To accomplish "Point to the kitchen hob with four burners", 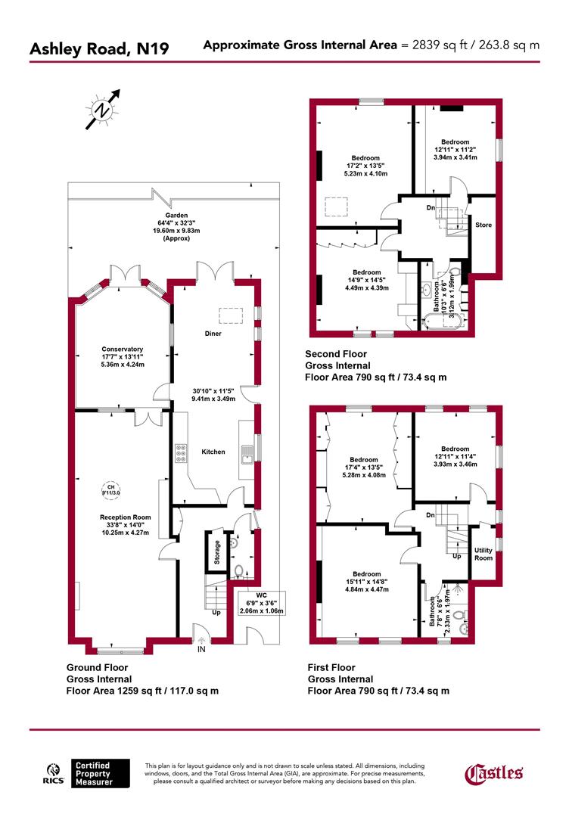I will [181, 452].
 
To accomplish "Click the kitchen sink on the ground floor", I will [247, 454].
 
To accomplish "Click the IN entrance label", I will [201, 649].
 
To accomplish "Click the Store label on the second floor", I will [483, 225].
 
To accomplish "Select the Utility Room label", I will [483, 553].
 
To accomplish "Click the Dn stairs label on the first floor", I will [431, 516].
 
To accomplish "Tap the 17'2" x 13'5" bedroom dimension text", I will [366, 166].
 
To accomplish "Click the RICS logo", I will [51, 773].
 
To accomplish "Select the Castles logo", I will [493, 772].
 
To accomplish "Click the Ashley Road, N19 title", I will [99, 49].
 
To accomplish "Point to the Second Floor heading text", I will [336, 353].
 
